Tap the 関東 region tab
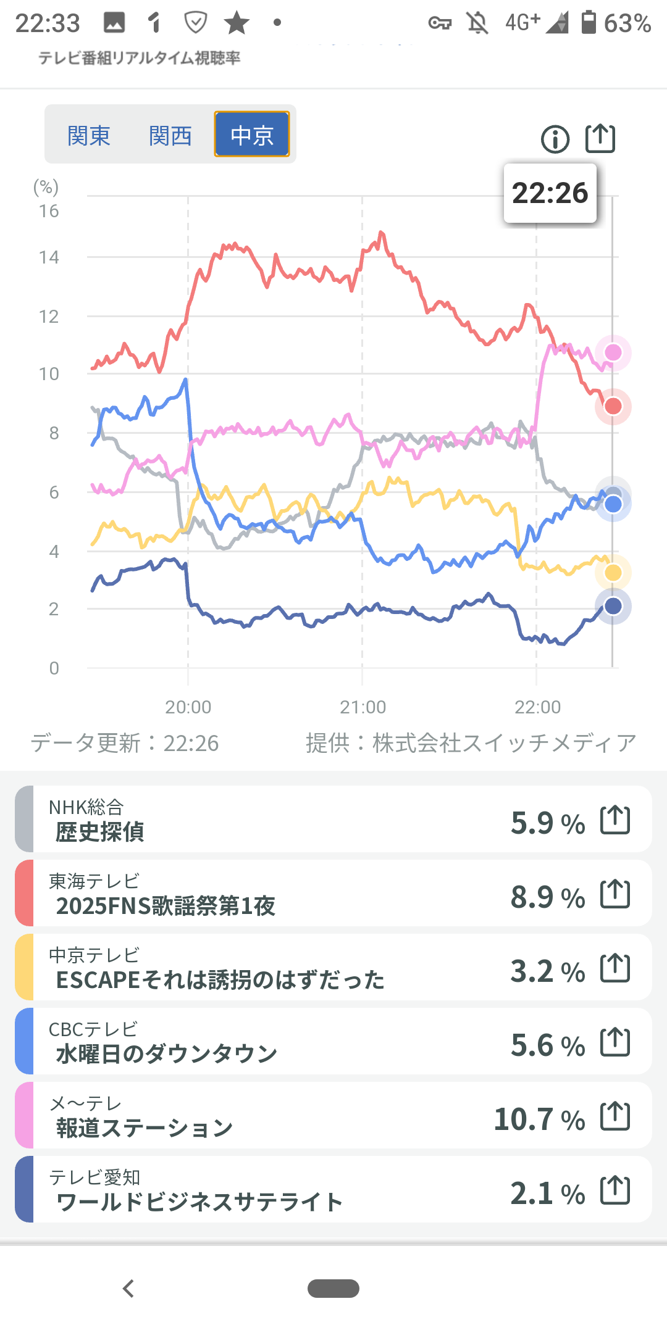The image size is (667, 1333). tap(89, 135)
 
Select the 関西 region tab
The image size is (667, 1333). tap(170, 135)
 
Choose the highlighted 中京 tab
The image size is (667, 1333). tap(252, 135)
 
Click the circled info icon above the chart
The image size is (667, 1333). tap(555, 139)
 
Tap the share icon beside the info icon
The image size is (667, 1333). tap(600, 138)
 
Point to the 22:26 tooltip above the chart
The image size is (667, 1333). tap(550, 193)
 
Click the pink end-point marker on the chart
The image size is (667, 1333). tap(613, 352)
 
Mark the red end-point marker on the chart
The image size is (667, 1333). tap(613, 406)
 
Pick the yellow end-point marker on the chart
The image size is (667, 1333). tap(613, 573)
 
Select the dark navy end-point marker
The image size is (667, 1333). tap(613, 606)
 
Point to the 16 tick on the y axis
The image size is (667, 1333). tap(49, 211)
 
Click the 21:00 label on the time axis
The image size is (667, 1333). tap(363, 707)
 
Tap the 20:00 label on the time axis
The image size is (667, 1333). tap(188, 707)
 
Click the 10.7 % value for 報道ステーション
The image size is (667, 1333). tap(539, 1119)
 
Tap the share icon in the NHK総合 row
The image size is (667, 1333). tap(615, 820)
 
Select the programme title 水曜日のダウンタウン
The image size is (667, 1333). tap(167, 1054)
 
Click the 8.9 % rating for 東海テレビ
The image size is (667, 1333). tap(548, 897)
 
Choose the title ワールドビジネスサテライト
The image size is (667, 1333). tap(199, 1202)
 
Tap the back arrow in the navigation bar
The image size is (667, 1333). tap(128, 1289)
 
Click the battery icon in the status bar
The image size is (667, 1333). tap(589, 23)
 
